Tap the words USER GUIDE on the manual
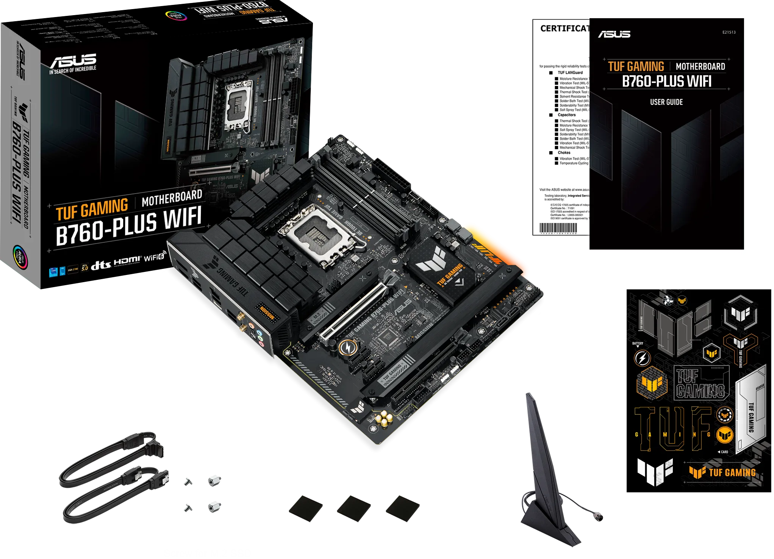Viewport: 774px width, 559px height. point(666,102)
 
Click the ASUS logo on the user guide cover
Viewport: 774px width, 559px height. point(614,34)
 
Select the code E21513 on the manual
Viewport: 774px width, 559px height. point(729,32)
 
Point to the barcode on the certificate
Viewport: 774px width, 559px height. point(558,228)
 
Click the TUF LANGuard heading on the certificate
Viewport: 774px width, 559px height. point(570,73)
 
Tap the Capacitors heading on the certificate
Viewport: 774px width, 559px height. point(566,115)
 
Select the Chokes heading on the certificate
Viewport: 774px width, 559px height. point(564,153)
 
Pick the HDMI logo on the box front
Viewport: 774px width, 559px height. point(127,261)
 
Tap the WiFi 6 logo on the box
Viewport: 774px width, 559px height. point(154,257)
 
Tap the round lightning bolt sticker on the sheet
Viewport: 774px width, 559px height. point(642,358)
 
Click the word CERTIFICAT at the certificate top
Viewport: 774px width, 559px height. point(564,29)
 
